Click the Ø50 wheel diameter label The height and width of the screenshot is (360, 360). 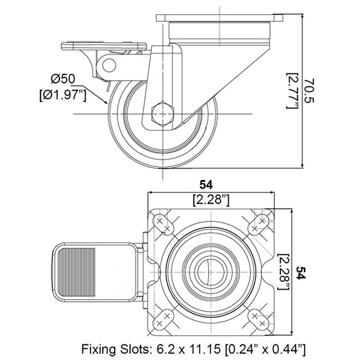click(x=63, y=79)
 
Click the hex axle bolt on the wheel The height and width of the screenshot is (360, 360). click(x=162, y=114)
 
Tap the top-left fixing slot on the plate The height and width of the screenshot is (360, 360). click(x=163, y=224)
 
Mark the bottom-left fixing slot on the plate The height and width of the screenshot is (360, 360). click(x=163, y=318)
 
